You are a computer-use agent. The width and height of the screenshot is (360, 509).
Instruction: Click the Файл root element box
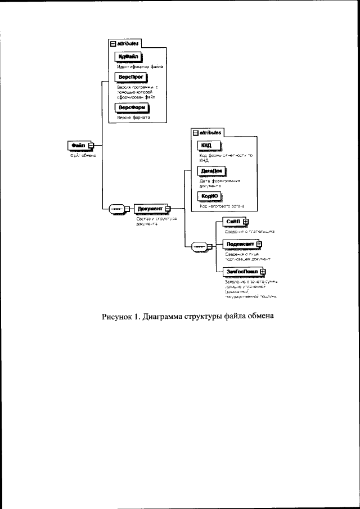pos(78,146)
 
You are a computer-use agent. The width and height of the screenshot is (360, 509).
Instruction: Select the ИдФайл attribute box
pos(127,57)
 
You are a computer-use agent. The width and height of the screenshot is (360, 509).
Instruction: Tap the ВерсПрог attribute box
pos(129,76)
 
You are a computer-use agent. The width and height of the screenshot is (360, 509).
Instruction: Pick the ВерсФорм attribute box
pos(130,107)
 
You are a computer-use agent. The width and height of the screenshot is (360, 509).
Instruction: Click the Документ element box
pos(150,209)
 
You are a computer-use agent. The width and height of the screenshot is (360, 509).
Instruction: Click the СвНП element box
pos(232,222)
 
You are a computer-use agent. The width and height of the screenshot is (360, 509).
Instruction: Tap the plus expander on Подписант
pos(259,245)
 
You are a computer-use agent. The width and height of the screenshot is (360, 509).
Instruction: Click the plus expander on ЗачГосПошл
pos(263,271)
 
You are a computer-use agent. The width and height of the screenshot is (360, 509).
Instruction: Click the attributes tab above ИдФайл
pos(125,43)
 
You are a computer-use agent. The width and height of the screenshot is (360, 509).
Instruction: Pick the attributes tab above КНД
pos(208,133)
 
